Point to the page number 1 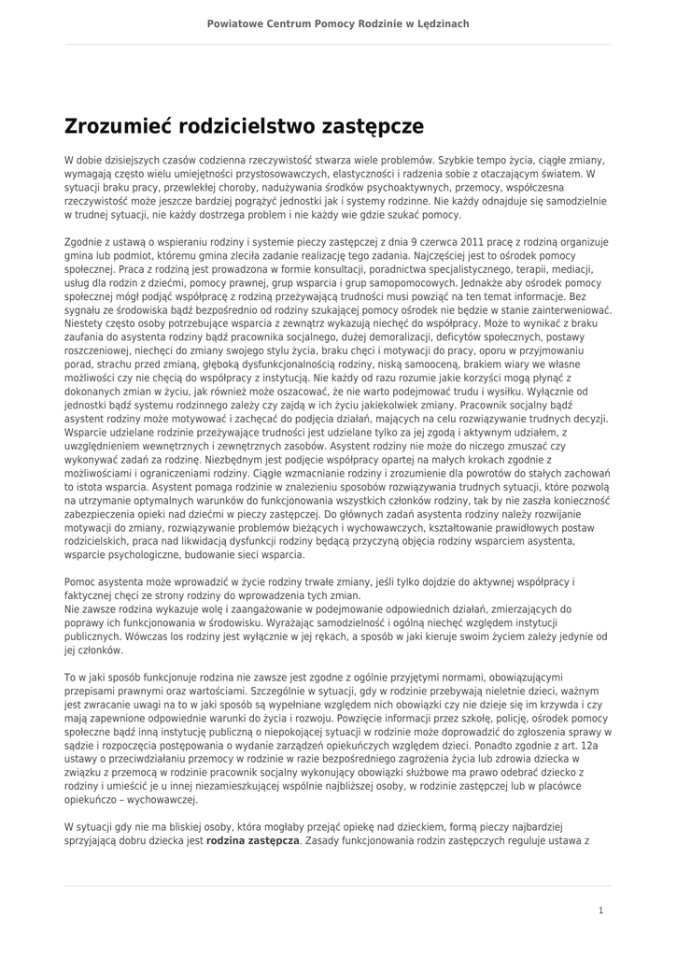600,909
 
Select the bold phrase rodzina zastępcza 253,841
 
